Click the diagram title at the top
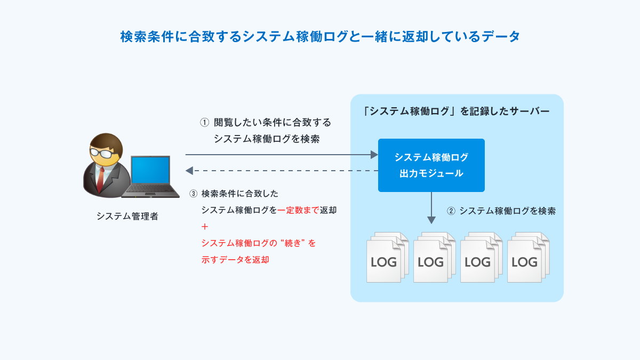pyautogui.click(x=320, y=37)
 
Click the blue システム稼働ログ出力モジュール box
pyautogui.click(x=431, y=165)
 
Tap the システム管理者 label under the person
pyautogui.click(x=127, y=217)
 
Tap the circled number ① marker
pyautogui.click(x=204, y=122)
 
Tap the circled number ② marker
pyautogui.click(x=451, y=211)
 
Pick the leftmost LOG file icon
pyautogui.click(x=384, y=261)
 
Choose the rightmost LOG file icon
pyautogui.click(x=525, y=261)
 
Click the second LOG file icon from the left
pyautogui.click(x=431, y=261)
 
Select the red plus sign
pyautogui.click(x=205, y=227)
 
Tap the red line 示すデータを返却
pyautogui.click(x=235, y=260)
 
